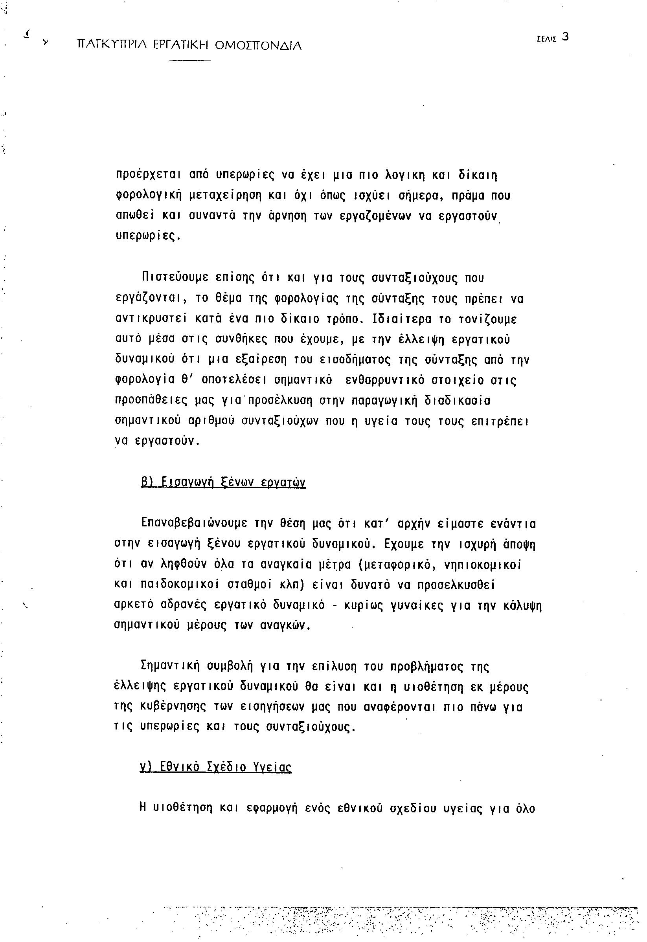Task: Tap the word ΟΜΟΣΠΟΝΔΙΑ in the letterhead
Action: (257, 45)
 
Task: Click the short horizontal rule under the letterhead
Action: (190, 61)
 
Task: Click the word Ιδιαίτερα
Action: (403, 319)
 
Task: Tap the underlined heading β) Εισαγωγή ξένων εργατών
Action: (223, 482)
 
